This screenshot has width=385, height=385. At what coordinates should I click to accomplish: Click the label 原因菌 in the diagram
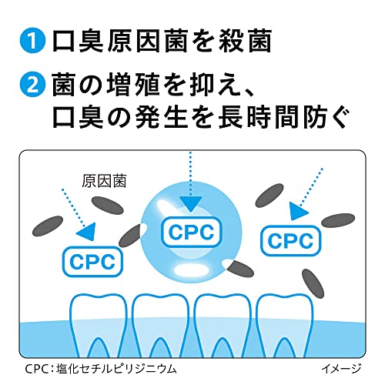coord(103,184)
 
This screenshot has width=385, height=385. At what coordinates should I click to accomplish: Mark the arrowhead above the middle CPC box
coord(188,202)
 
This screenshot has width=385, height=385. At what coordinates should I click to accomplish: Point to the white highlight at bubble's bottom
coord(189,270)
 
